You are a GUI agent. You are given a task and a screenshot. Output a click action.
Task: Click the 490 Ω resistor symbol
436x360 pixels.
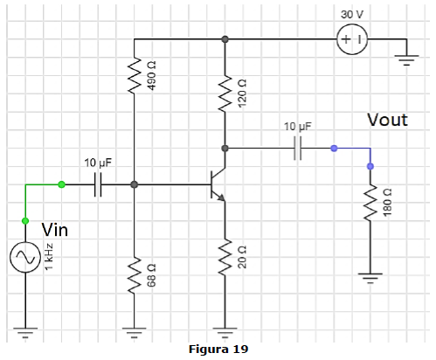135,75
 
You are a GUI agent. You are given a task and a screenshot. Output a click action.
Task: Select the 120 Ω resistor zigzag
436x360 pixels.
225,93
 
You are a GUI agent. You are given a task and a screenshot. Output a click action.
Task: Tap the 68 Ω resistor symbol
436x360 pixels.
135,275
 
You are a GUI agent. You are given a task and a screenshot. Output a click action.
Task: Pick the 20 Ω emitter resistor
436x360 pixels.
225,257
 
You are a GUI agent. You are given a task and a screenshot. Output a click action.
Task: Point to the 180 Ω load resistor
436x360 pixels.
370,203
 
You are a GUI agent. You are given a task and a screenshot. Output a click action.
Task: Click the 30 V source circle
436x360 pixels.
352,39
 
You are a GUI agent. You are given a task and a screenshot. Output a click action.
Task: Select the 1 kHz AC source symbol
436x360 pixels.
25,257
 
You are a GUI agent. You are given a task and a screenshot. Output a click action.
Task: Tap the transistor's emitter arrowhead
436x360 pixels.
221,197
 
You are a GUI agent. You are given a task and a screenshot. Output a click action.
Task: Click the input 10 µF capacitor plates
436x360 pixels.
98,184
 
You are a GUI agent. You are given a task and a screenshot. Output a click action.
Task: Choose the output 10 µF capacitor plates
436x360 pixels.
298,149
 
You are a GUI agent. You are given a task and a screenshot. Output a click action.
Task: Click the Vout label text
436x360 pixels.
387,120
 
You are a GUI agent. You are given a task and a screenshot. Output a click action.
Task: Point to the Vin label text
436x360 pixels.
55,230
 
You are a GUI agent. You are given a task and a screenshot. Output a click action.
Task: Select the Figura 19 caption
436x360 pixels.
218,349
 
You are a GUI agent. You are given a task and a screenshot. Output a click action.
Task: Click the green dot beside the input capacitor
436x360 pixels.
61,184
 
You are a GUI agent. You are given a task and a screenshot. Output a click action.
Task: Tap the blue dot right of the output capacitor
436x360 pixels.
334,149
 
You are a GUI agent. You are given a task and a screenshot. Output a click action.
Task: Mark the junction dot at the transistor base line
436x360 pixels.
135,184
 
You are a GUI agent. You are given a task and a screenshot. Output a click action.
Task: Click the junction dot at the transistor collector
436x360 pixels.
225,149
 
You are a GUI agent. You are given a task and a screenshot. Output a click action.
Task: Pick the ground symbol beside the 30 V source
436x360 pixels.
406,59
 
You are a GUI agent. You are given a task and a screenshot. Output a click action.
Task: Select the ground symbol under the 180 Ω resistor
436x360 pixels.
370,278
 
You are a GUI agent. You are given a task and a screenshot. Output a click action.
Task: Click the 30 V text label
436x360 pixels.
352,15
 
